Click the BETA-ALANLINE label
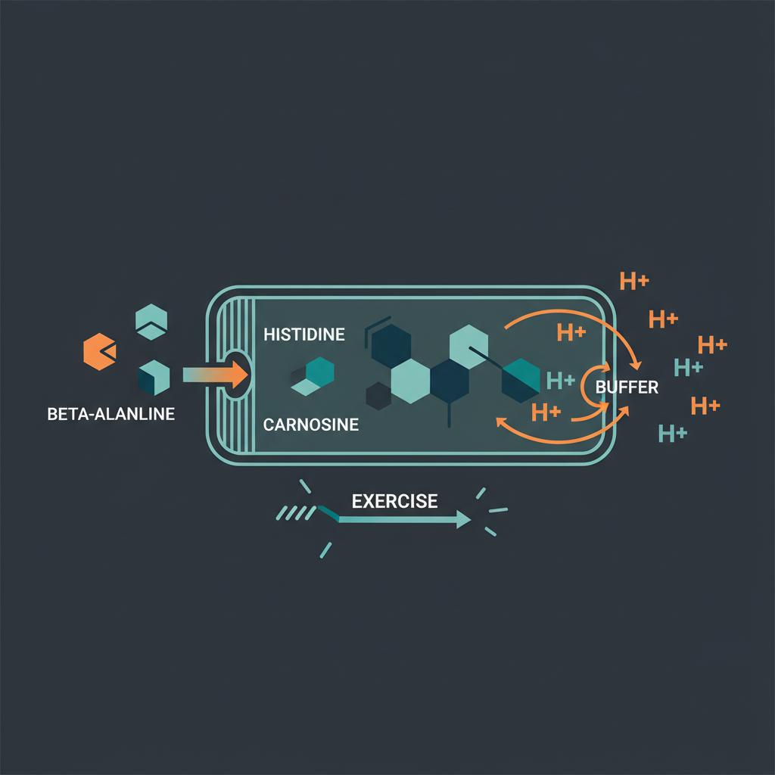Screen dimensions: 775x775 (110, 414)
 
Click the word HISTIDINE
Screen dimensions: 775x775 (304, 334)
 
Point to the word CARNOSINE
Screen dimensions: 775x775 (311, 425)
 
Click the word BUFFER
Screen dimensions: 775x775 (627, 387)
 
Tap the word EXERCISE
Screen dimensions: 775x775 (395, 501)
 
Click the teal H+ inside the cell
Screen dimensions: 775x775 (560, 378)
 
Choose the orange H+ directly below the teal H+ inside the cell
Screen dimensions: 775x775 (546, 412)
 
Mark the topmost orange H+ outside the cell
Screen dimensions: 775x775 (634, 282)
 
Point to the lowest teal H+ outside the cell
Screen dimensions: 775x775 (673, 434)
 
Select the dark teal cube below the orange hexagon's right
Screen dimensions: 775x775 (154, 377)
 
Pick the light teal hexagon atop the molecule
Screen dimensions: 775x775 (468, 346)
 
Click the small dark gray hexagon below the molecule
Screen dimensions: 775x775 (378, 395)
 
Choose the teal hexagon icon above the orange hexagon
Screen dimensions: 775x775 (151, 321)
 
